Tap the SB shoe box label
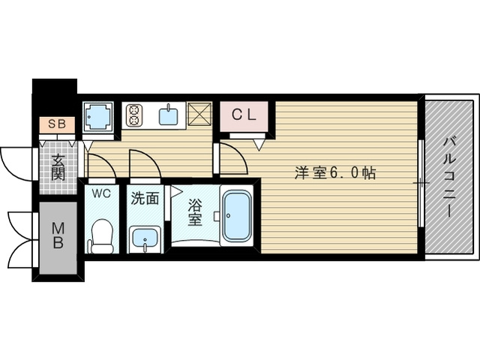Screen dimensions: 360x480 point(56,124)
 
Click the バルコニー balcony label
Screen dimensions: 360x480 point(449,178)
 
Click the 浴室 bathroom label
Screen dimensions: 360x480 point(193,211)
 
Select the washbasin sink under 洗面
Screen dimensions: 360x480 point(144,239)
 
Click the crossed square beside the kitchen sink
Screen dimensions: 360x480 point(200,115)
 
